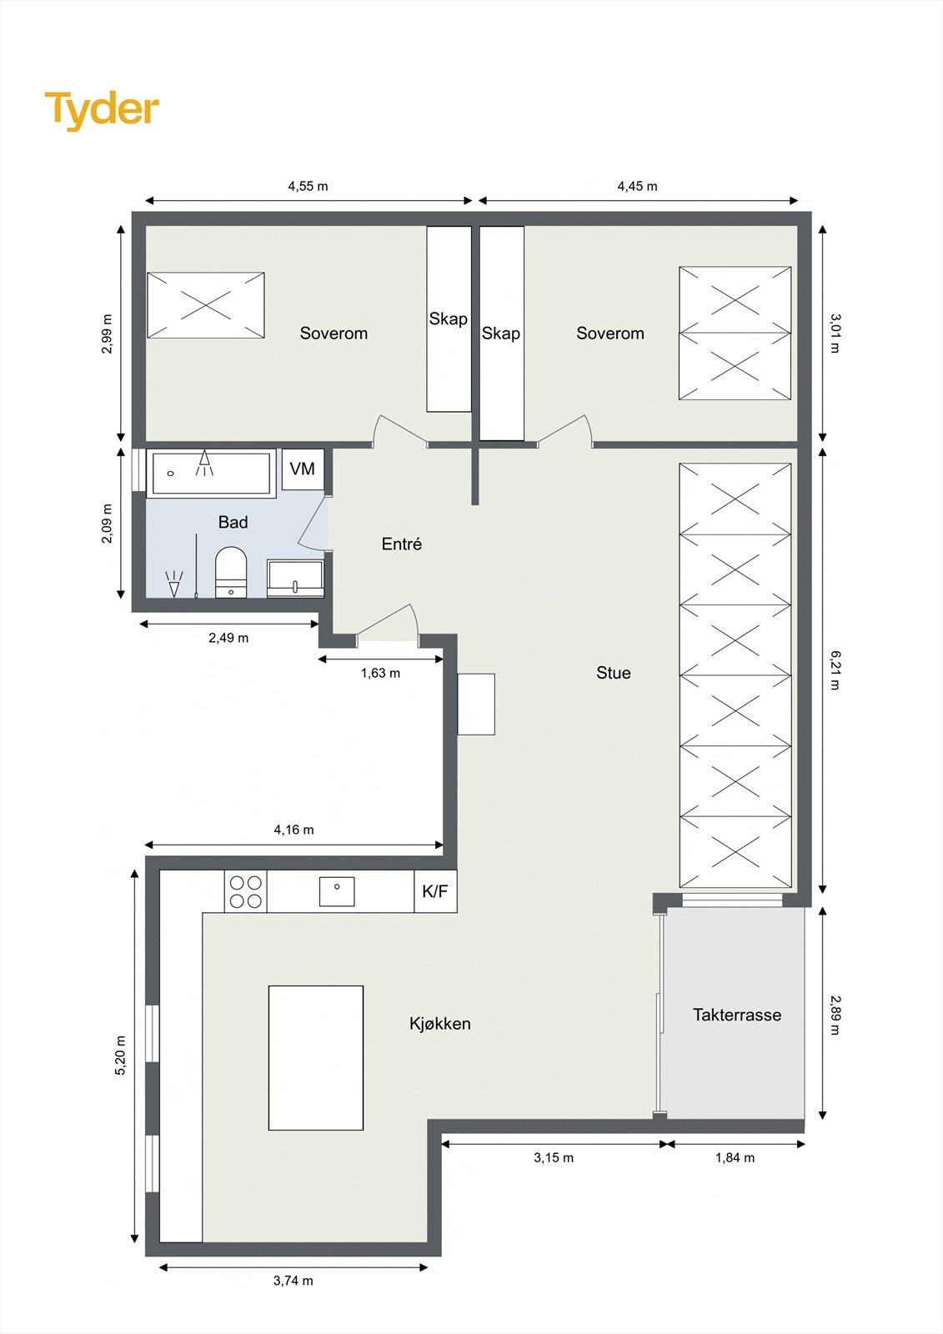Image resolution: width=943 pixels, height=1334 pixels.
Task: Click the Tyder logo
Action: click(x=102, y=110)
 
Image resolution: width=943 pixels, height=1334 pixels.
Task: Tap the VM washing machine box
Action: click(x=302, y=469)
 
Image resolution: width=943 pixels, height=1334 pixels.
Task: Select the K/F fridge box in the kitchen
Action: click(x=434, y=891)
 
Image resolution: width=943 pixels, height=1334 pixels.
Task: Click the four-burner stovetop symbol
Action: click(x=246, y=891)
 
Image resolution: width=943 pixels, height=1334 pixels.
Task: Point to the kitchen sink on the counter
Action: click(x=337, y=891)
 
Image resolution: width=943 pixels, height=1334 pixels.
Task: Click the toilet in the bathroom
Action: click(x=231, y=572)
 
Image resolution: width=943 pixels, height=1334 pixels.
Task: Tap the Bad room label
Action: click(x=233, y=523)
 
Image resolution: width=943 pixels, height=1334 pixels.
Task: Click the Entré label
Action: click(x=401, y=544)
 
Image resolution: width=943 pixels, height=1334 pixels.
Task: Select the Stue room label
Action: click(x=613, y=674)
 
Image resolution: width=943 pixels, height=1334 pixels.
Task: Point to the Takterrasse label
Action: click(x=736, y=1016)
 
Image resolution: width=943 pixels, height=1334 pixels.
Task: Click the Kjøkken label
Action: click(x=439, y=1024)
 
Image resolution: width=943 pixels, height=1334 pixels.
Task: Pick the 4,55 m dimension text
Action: click(x=308, y=187)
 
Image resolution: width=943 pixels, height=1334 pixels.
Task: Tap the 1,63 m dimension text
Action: click(x=380, y=674)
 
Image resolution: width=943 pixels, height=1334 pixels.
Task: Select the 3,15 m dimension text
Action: click(x=554, y=1158)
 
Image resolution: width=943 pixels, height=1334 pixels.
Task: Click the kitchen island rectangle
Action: click(x=315, y=1057)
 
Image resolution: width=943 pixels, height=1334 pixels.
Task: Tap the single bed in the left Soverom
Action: click(x=206, y=305)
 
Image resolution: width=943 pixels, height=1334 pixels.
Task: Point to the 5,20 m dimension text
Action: click(x=121, y=1056)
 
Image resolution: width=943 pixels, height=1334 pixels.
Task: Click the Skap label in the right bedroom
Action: click(x=500, y=333)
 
